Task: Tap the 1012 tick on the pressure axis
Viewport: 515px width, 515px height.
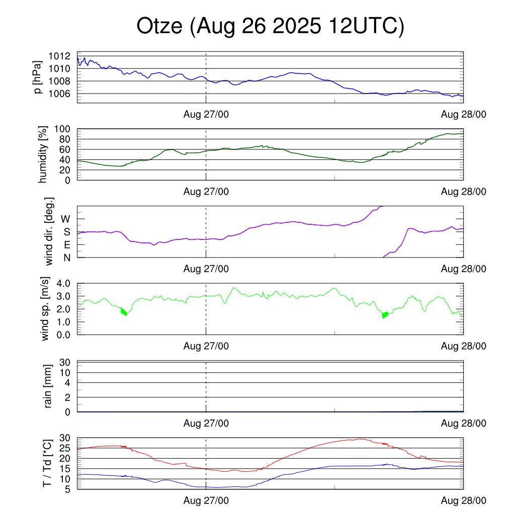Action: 63,56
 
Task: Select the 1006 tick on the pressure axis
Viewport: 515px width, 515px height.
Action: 63,94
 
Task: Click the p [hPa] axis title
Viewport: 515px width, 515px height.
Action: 38,77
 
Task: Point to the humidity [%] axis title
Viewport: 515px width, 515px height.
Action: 44,154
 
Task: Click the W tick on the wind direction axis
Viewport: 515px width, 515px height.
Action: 65,219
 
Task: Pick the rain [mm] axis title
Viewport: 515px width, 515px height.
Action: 48,387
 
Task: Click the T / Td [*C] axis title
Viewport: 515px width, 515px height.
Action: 47,463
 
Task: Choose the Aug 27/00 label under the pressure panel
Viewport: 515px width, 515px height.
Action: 206,115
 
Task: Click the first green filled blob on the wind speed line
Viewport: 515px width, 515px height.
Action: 124,311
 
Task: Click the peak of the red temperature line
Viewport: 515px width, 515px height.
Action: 360,439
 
